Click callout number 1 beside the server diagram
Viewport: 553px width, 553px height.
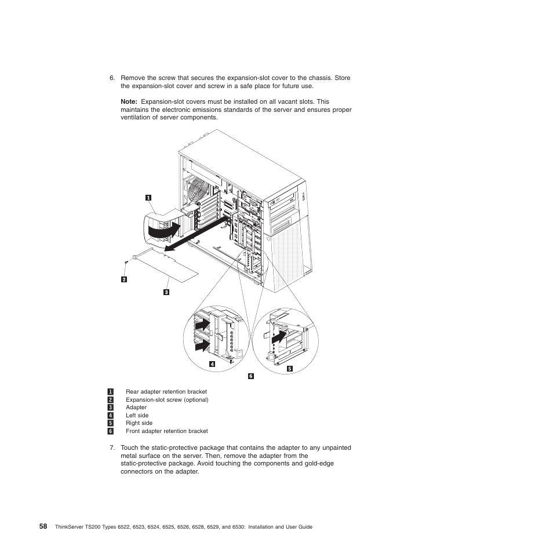(148, 197)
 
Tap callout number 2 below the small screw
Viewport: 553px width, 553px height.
(123, 279)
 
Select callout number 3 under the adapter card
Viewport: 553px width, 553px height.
(166, 292)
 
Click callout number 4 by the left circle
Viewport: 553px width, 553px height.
(212, 364)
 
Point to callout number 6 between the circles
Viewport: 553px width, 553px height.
(251, 376)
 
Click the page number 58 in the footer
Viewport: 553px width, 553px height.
(43, 526)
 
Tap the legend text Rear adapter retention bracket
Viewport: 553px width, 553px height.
(166, 392)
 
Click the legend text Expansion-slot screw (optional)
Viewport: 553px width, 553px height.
(167, 400)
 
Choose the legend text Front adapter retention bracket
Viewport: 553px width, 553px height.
(166, 431)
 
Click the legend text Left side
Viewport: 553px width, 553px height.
(137, 416)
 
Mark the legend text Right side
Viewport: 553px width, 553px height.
(139, 423)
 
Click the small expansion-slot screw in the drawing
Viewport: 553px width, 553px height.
(126, 264)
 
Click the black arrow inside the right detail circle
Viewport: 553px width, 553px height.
(279, 337)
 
